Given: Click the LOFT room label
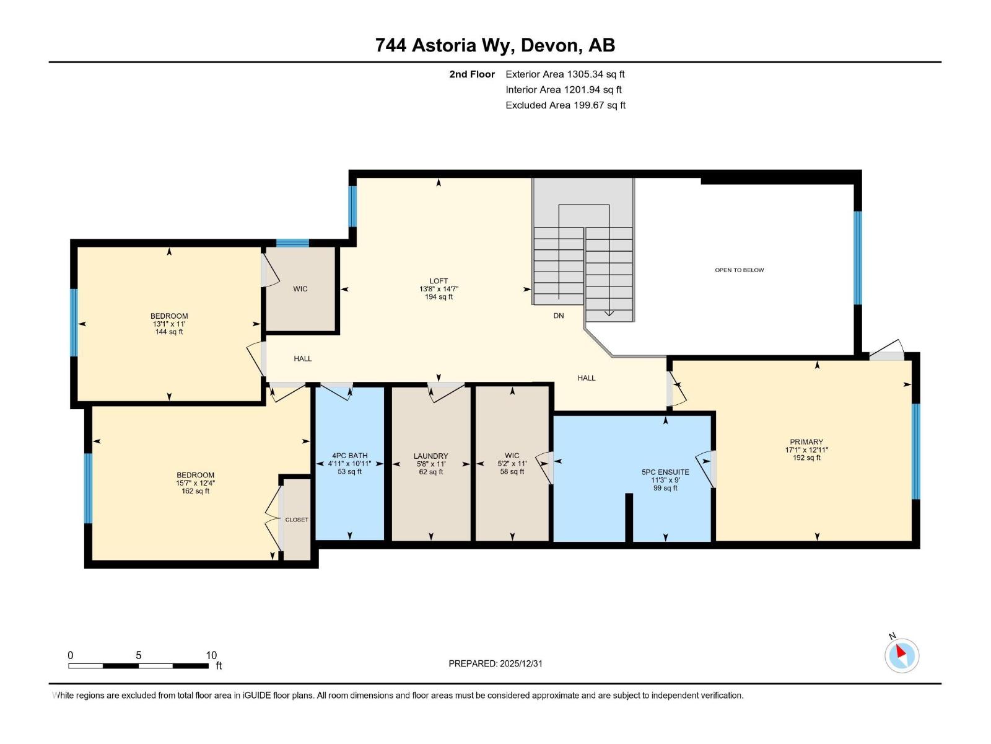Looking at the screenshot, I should (439, 281).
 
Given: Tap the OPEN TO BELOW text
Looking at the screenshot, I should (739, 270).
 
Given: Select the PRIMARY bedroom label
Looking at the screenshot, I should (806, 442).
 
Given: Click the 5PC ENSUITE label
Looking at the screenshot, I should (665, 472).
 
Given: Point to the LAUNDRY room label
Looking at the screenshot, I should (430, 456).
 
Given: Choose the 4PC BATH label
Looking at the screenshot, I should (349, 456).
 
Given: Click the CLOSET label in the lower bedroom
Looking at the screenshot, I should (297, 520).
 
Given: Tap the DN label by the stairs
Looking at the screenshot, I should (559, 316).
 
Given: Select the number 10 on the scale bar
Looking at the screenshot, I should (211, 655).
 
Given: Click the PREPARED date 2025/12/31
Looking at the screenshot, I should (520, 663).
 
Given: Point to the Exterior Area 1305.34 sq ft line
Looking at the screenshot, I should (565, 74).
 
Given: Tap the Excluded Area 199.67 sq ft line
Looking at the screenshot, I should (565, 105).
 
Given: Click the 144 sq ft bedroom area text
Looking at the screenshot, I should (169, 332).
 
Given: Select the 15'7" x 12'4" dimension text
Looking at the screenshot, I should (195, 483).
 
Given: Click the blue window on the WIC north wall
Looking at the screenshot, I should (292, 243).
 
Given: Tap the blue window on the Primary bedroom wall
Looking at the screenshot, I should (915, 451).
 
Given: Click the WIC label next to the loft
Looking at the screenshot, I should (300, 289).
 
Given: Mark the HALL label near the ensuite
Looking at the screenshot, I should (586, 378).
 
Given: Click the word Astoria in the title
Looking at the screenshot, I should (444, 45).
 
